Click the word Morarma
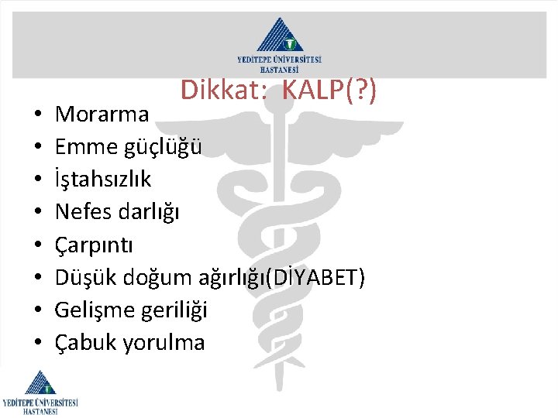coord(102,115)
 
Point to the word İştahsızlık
coord(103,180)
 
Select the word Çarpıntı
coord(94,245)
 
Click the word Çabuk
coord(85,342)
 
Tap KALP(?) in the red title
coord(330,91)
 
